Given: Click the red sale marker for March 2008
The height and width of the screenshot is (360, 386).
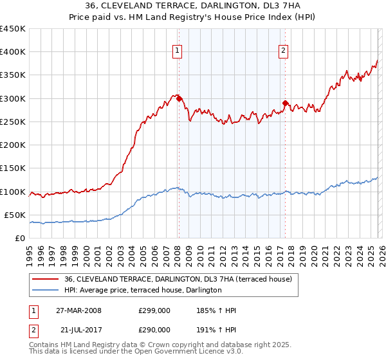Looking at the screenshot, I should coord(179,99).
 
